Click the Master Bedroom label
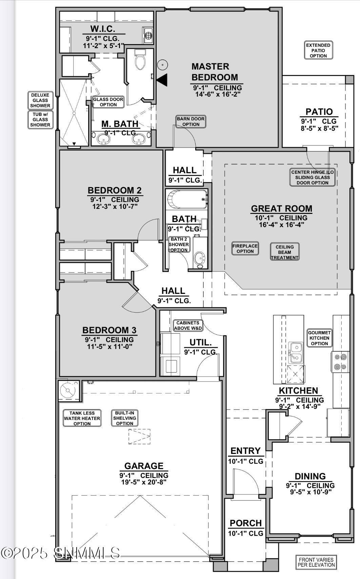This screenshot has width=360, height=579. [x=215, y=72]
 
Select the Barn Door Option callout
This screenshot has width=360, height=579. [x=191, y=121]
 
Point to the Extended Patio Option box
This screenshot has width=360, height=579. [x=318, y=51]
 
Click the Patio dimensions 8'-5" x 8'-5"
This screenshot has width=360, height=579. [x=319, y=128]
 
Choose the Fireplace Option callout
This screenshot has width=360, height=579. [x=245, y=248]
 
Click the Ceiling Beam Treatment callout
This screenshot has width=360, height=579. [x=284, y=252]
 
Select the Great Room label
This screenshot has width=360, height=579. [x=282, y=208]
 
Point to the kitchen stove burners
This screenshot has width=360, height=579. [x=340, y=362]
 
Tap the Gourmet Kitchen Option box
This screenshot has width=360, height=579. [x=319, y=338]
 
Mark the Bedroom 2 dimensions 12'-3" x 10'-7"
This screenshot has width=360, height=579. [x=115, y=206]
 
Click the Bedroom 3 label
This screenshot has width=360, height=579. [x=109, y=330]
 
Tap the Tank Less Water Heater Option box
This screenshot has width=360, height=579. [x=82, y=418]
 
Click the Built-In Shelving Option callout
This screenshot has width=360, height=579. [x=124, y=418]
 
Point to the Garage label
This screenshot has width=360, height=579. [x=144, y=466]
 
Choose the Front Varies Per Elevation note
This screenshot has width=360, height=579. [x=316, y=562]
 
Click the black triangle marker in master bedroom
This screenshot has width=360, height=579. [x=162, y=80]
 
